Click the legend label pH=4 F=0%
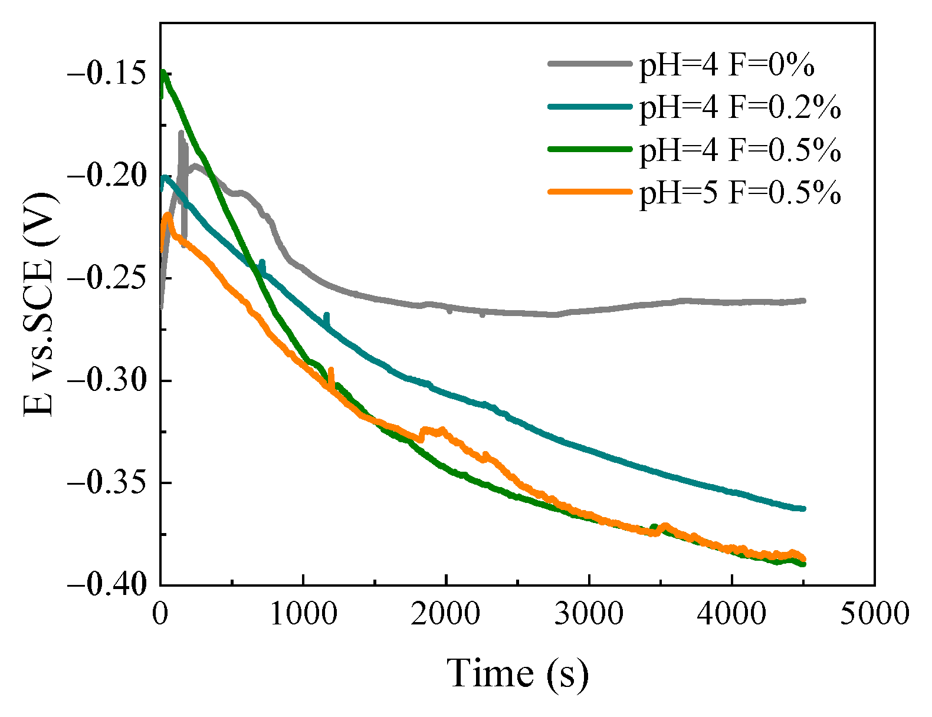727,64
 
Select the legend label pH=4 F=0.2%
740,107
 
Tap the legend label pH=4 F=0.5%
740,150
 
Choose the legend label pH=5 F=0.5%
740,192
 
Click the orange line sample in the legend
589,191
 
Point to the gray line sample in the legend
589,63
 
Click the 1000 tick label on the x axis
303,613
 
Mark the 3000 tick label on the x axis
589,613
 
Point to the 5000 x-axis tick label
874,613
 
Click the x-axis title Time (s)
517,673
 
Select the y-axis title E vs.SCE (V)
39,304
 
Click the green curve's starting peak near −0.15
163,73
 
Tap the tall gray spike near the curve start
181,133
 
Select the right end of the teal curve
803,508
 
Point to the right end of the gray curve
803,301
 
